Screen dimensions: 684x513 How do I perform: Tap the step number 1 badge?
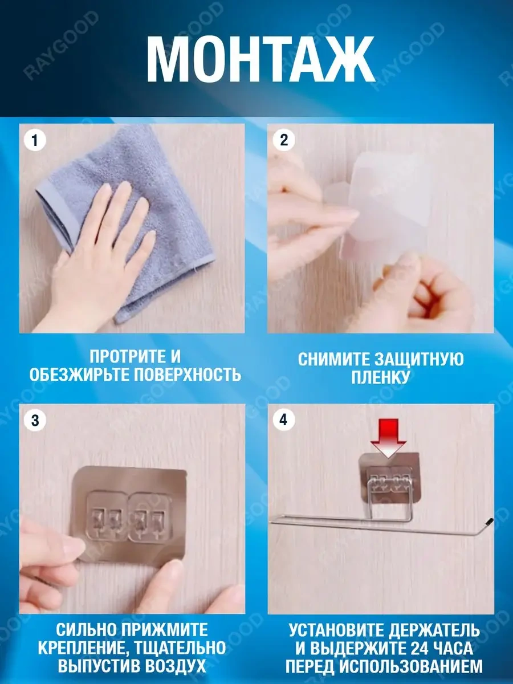35,140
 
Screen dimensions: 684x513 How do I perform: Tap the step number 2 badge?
284,140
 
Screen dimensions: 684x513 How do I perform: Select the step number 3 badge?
35,420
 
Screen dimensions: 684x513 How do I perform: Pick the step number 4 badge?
284,420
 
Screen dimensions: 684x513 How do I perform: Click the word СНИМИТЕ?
333,360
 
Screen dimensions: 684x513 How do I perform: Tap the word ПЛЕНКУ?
380,377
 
